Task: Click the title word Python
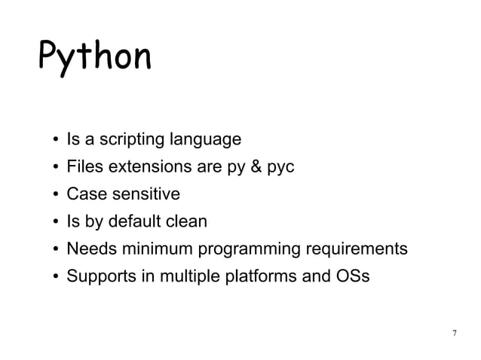(x=94, y=56)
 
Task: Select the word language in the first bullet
(x=207, y=140)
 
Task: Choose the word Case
(x=84, y=194)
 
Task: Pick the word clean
(x=186, y=221)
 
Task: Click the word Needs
(x=88, y=249)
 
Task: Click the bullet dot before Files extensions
(x=56, y=168)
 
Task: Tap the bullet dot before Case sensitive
(x=56, y=195)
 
